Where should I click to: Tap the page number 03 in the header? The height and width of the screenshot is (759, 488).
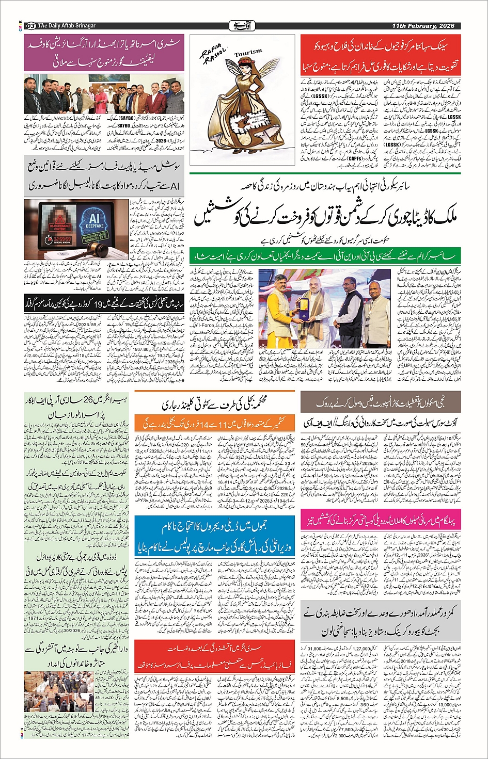(x=30, y=26)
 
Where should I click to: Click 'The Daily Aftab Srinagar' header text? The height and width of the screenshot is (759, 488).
(x=67, y=26)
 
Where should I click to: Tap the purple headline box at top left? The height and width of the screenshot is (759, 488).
(x=104, y=53)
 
